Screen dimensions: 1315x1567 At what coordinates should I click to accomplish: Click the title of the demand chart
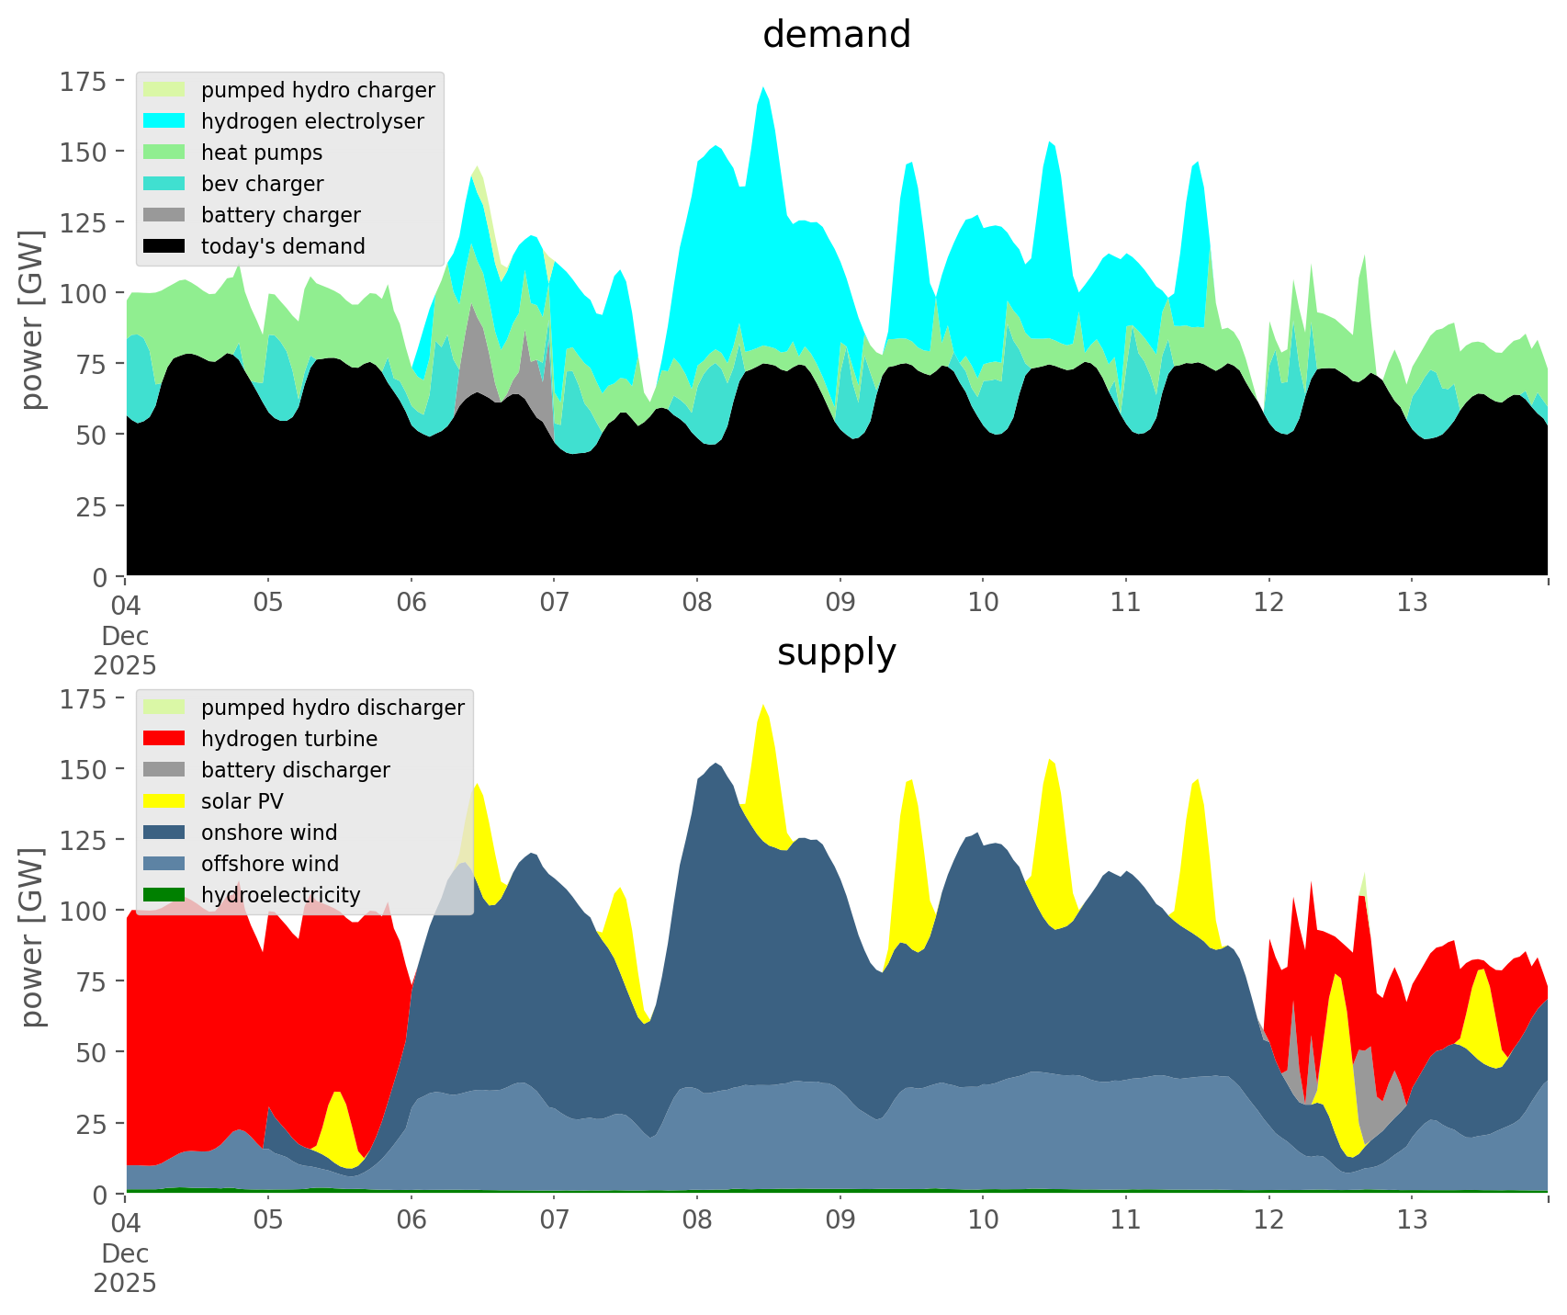(836, 35)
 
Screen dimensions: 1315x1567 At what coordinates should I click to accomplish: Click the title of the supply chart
(836, 652)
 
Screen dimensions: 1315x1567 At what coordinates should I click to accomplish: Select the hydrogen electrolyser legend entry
(312, 121)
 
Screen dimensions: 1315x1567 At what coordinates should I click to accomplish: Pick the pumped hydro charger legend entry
(317, 90)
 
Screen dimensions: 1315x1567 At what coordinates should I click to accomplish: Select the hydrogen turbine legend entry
(288, 739)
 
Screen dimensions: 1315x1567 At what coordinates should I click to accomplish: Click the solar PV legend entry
(242, 801)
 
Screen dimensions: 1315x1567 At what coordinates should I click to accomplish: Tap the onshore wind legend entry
(268, 833)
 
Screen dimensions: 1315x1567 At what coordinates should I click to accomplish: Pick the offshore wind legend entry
(269, 864)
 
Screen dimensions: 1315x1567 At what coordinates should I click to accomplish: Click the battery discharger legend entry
(295, 770)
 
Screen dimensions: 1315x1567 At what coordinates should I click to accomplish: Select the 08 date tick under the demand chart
(697, 603)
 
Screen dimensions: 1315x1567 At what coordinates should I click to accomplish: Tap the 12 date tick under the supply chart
(1268, 1220)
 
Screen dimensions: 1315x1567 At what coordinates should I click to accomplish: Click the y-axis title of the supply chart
(33, 937)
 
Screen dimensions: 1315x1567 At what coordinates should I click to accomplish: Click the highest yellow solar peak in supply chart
(763, 706)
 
